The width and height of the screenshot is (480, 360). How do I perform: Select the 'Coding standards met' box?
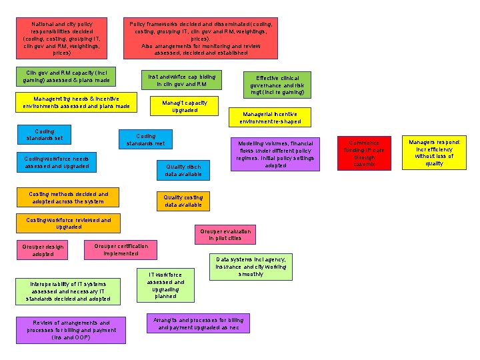145,139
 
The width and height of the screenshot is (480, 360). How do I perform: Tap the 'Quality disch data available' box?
183,170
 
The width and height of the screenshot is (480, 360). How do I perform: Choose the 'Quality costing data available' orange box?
183,201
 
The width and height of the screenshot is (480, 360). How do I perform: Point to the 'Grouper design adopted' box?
43,250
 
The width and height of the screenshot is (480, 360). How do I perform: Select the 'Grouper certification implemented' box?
121,249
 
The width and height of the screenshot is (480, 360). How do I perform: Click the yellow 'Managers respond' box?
434,153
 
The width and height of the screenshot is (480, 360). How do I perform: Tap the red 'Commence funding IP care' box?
365,153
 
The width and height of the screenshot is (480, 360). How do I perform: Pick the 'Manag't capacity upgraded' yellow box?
185,107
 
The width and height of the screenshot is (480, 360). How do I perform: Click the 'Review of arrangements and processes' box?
71,330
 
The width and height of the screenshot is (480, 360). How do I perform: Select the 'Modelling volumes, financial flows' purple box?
275,154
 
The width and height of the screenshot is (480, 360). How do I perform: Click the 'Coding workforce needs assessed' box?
57,162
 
